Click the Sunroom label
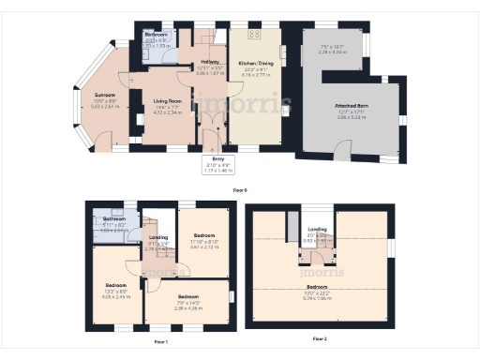[x=103, y=95]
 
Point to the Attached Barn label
[x=352, y=106]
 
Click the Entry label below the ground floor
[x=218, y=160]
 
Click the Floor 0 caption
[x=239, y=190]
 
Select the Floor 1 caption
[x=161, y=341]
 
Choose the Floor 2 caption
[x=319, y=337]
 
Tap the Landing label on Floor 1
[x=159, y=237]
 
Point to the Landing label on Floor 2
[x=318, y=229]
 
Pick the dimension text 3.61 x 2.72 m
[x=204, y=247]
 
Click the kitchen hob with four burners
[x=253, y=36]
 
